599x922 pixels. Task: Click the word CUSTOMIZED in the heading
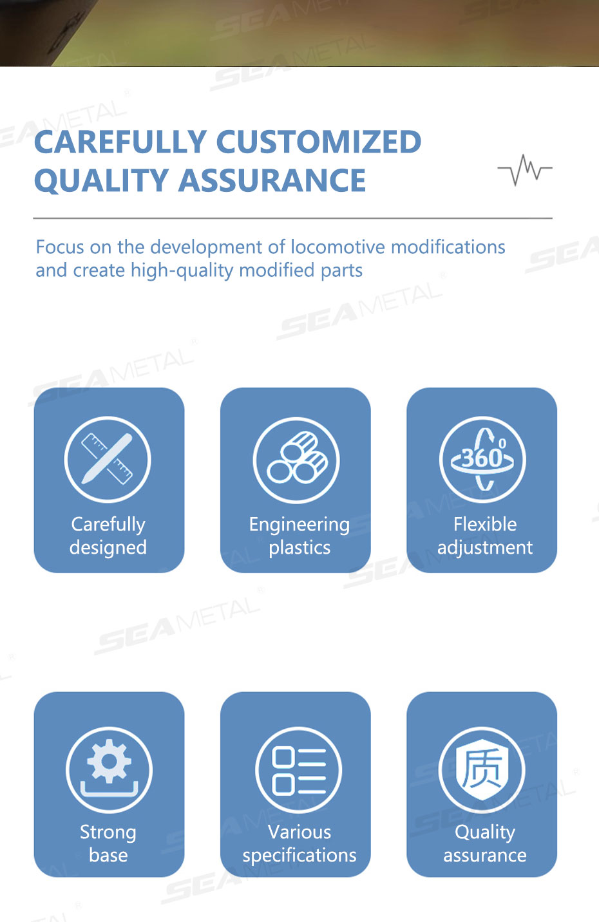coord(319,142)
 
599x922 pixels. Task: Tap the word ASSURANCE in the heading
coord(272,180)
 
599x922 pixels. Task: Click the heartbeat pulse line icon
coord(525,169)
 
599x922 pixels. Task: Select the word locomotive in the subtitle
coord(338,247)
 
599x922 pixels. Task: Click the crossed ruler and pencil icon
coord(108,459)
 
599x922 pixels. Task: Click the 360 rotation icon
coord(482,459)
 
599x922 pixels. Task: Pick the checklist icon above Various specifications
coord(299,769)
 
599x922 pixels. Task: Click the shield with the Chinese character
coord(482,769)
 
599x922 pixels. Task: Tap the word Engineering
coord(299,525)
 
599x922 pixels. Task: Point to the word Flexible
coord(485,524)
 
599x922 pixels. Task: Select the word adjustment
coord(485,548)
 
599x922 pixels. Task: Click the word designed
coord(108,547)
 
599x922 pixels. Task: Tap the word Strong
coord(108,833)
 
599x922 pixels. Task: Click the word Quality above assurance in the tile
coord(485,833)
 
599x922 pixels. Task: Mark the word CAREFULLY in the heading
coord(120,142)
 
